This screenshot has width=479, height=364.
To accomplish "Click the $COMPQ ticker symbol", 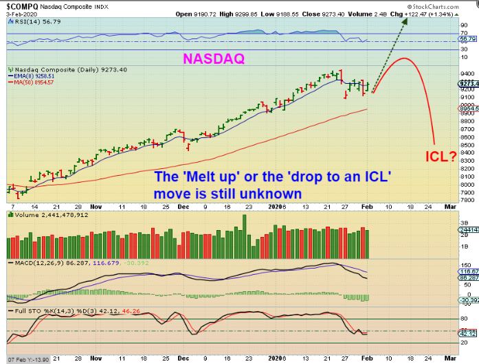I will (x=19, y=4).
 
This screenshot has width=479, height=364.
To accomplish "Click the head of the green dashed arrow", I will (x=405, y=20).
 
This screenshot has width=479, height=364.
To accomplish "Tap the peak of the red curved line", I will (x=405, y=59).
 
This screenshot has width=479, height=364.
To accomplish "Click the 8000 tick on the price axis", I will (x=468, y=184).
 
